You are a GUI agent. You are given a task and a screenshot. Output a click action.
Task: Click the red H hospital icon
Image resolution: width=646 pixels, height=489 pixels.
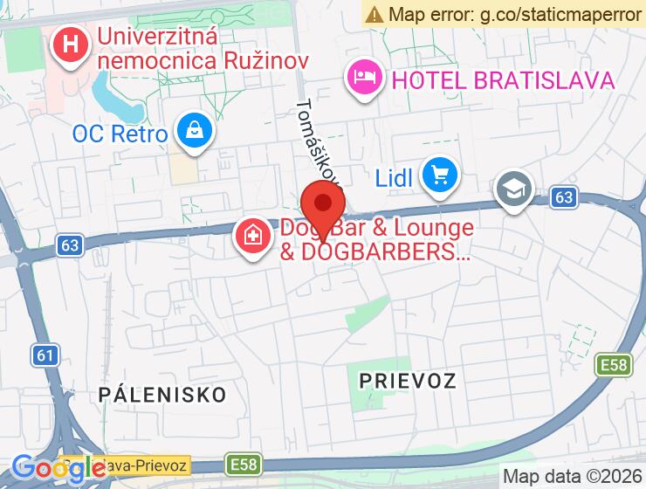pyautogui.click(x=69, y=44)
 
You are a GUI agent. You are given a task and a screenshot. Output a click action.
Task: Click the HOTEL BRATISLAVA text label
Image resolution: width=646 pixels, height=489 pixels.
pyautogui.click(x=504, y=81)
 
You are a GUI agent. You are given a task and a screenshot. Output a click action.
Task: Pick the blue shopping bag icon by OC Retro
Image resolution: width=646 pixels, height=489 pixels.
pyautogui.click(x=194, y=131)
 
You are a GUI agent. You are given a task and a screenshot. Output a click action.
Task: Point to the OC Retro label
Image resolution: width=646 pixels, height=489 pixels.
pyautogui.click(x=120, y=134)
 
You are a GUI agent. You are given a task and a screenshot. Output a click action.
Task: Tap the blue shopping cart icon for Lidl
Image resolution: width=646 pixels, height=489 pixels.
pyautogui.click(x=439, y=175)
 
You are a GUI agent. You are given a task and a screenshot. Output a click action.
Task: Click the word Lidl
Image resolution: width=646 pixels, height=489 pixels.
pyautogui.click(x=393, y=178)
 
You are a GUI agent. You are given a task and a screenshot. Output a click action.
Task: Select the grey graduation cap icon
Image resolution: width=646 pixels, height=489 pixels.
pyautogui.click(x=514, y=189)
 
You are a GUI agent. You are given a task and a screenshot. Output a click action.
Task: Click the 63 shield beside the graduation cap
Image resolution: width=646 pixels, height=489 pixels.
pyautogui.click(x=564, y=198)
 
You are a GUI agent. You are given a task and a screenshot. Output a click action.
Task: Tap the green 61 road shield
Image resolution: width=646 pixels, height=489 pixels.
pyautogui.click(x=46, y=355)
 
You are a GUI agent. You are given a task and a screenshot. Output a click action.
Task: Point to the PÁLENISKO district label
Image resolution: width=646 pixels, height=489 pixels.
pyautogui.click(x=162, y=393)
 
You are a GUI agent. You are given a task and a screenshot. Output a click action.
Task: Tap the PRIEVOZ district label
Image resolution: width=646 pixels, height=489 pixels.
pyautogui.click(x=408, y=381)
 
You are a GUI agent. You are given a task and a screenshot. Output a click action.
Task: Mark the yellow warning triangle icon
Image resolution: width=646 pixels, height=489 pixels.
pyautogui.click(x=375, y=13)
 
